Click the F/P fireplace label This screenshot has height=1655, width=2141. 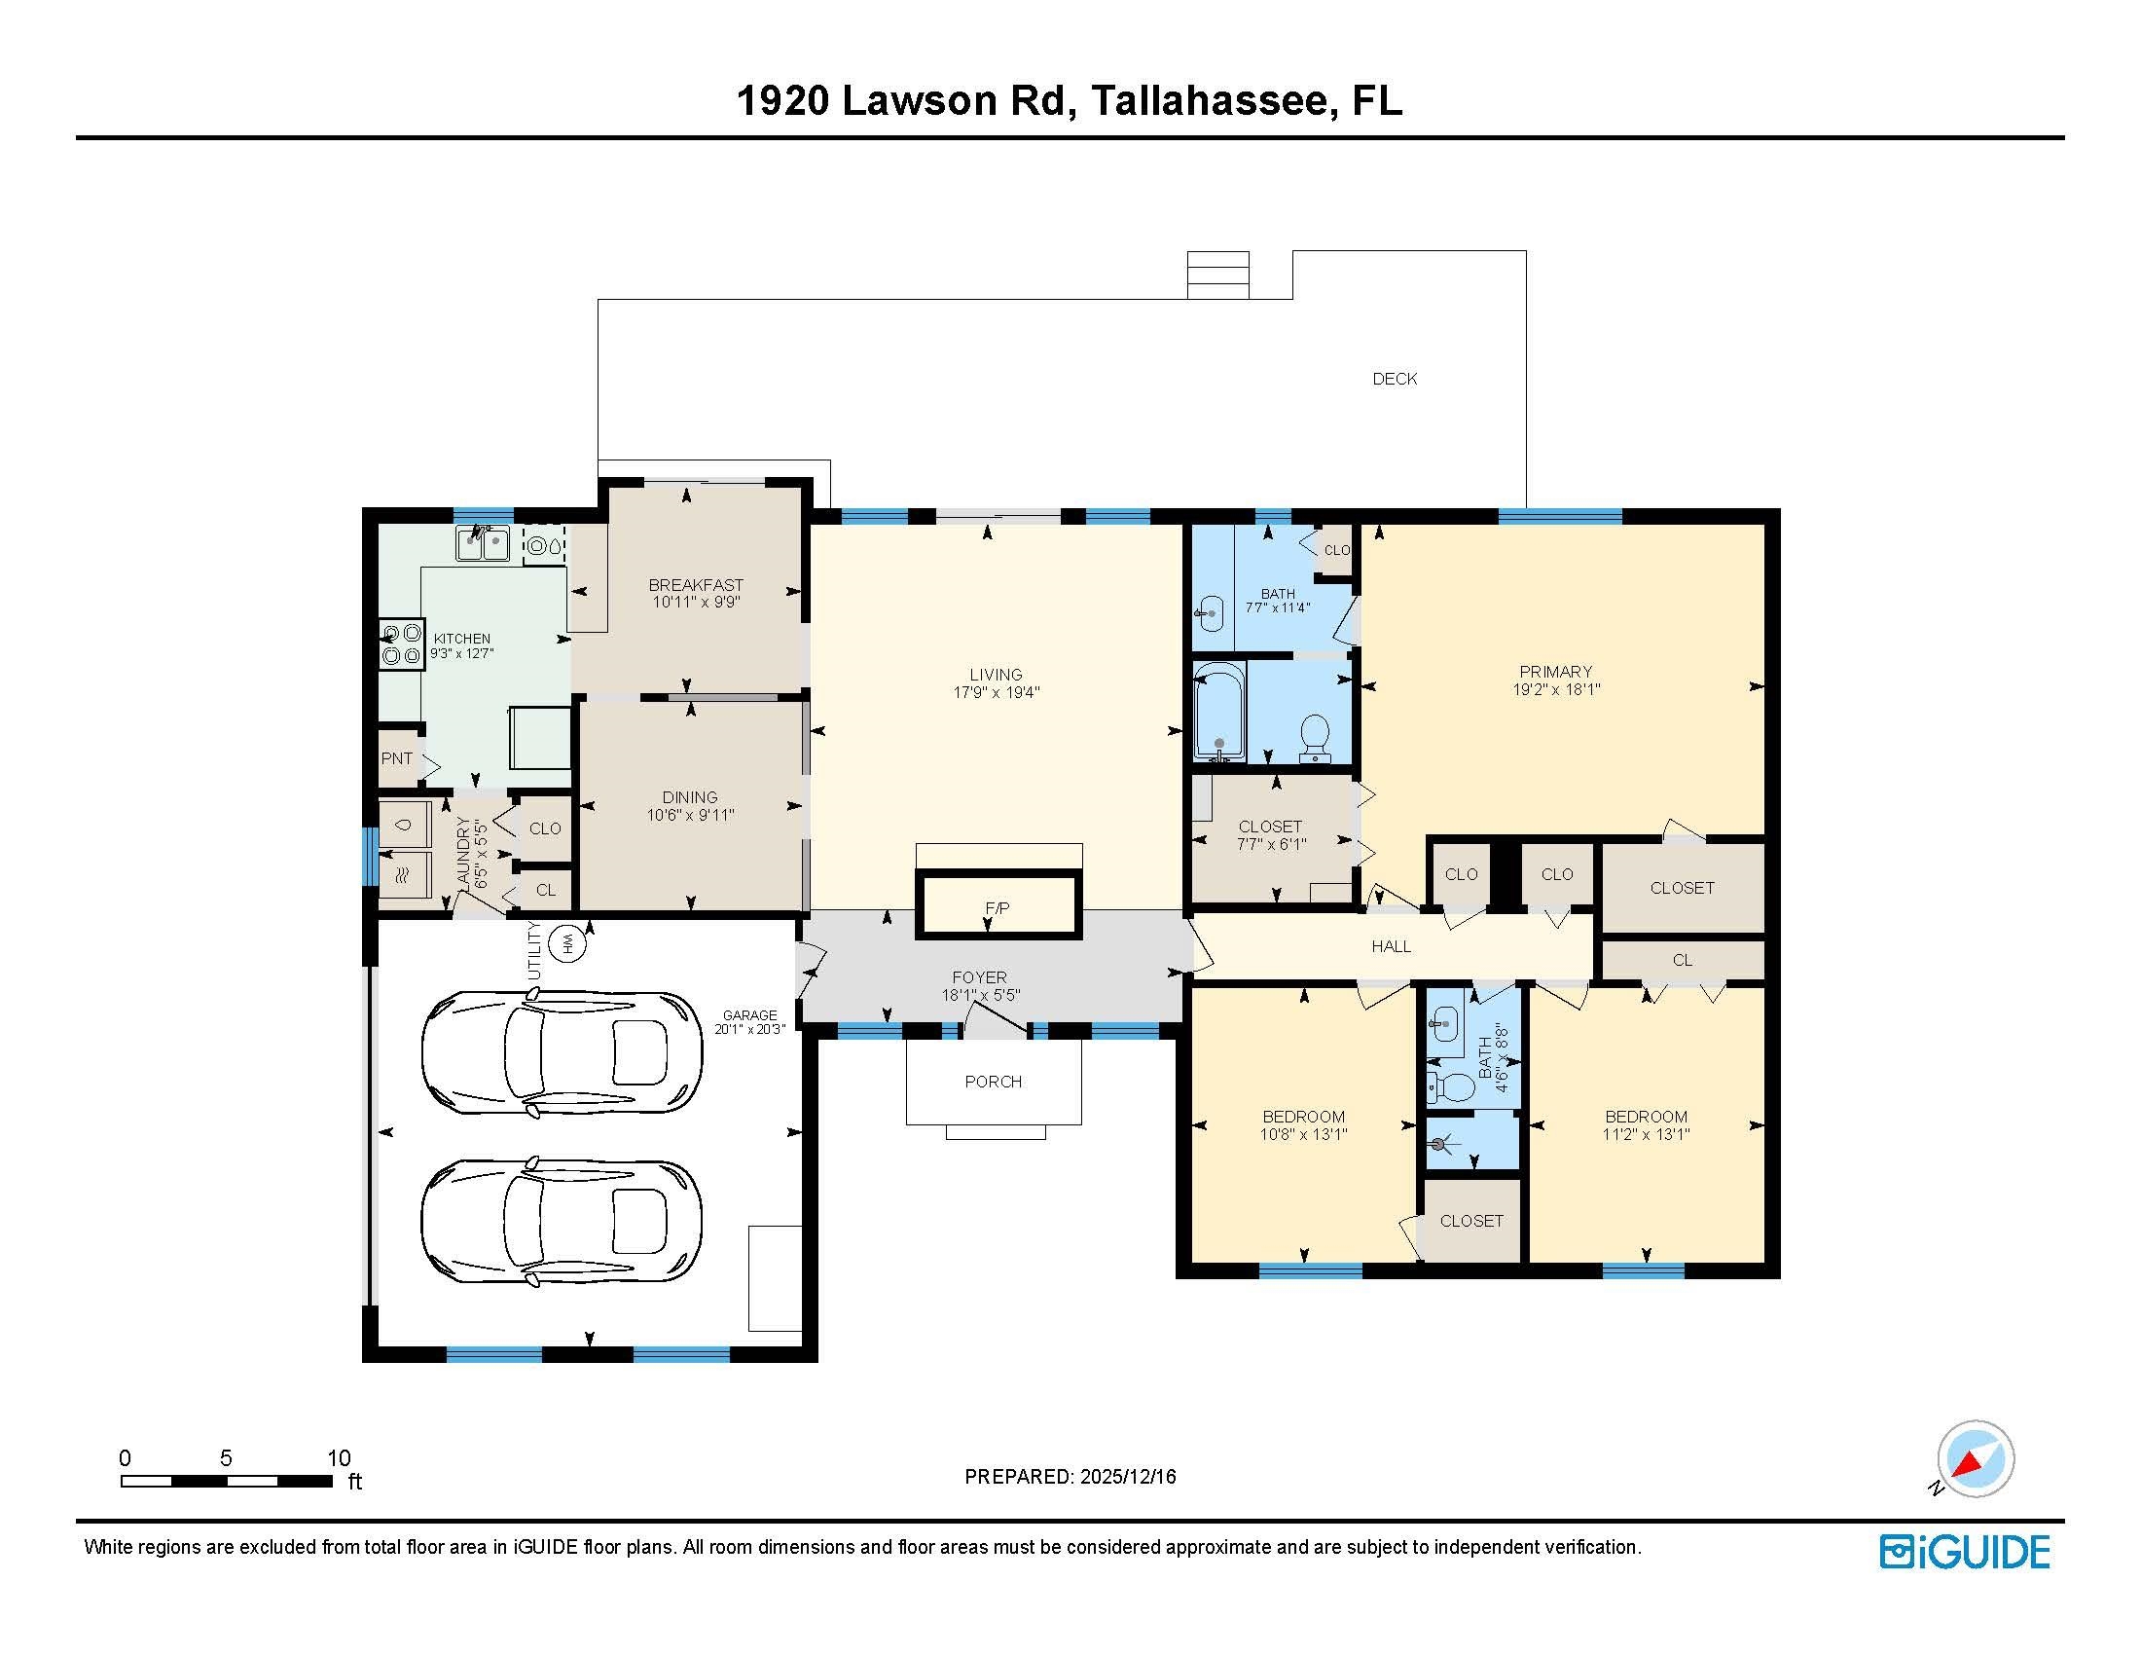click(997, 909)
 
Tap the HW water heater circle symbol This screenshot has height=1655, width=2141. click(567, 944)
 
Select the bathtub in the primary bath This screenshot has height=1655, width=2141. click(1218, 711)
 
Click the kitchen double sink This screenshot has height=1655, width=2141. click(483, 543)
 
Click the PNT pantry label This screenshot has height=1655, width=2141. click(397, 757)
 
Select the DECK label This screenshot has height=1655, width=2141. click(1394, 379)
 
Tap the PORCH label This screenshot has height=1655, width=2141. click(993, 1082)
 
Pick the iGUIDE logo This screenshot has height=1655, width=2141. click(1965, 1552)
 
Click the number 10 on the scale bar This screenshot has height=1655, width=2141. click(339, 1458)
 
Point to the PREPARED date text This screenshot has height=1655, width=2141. click(1070, 1477)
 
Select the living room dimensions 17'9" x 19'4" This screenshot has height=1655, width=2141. click(996, 692)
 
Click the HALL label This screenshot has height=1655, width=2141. click(1391, 946)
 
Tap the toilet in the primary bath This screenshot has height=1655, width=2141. click(1314, 737)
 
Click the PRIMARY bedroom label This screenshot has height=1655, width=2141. click(1555, 672)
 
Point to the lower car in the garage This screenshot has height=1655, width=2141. click(562, 1221)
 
